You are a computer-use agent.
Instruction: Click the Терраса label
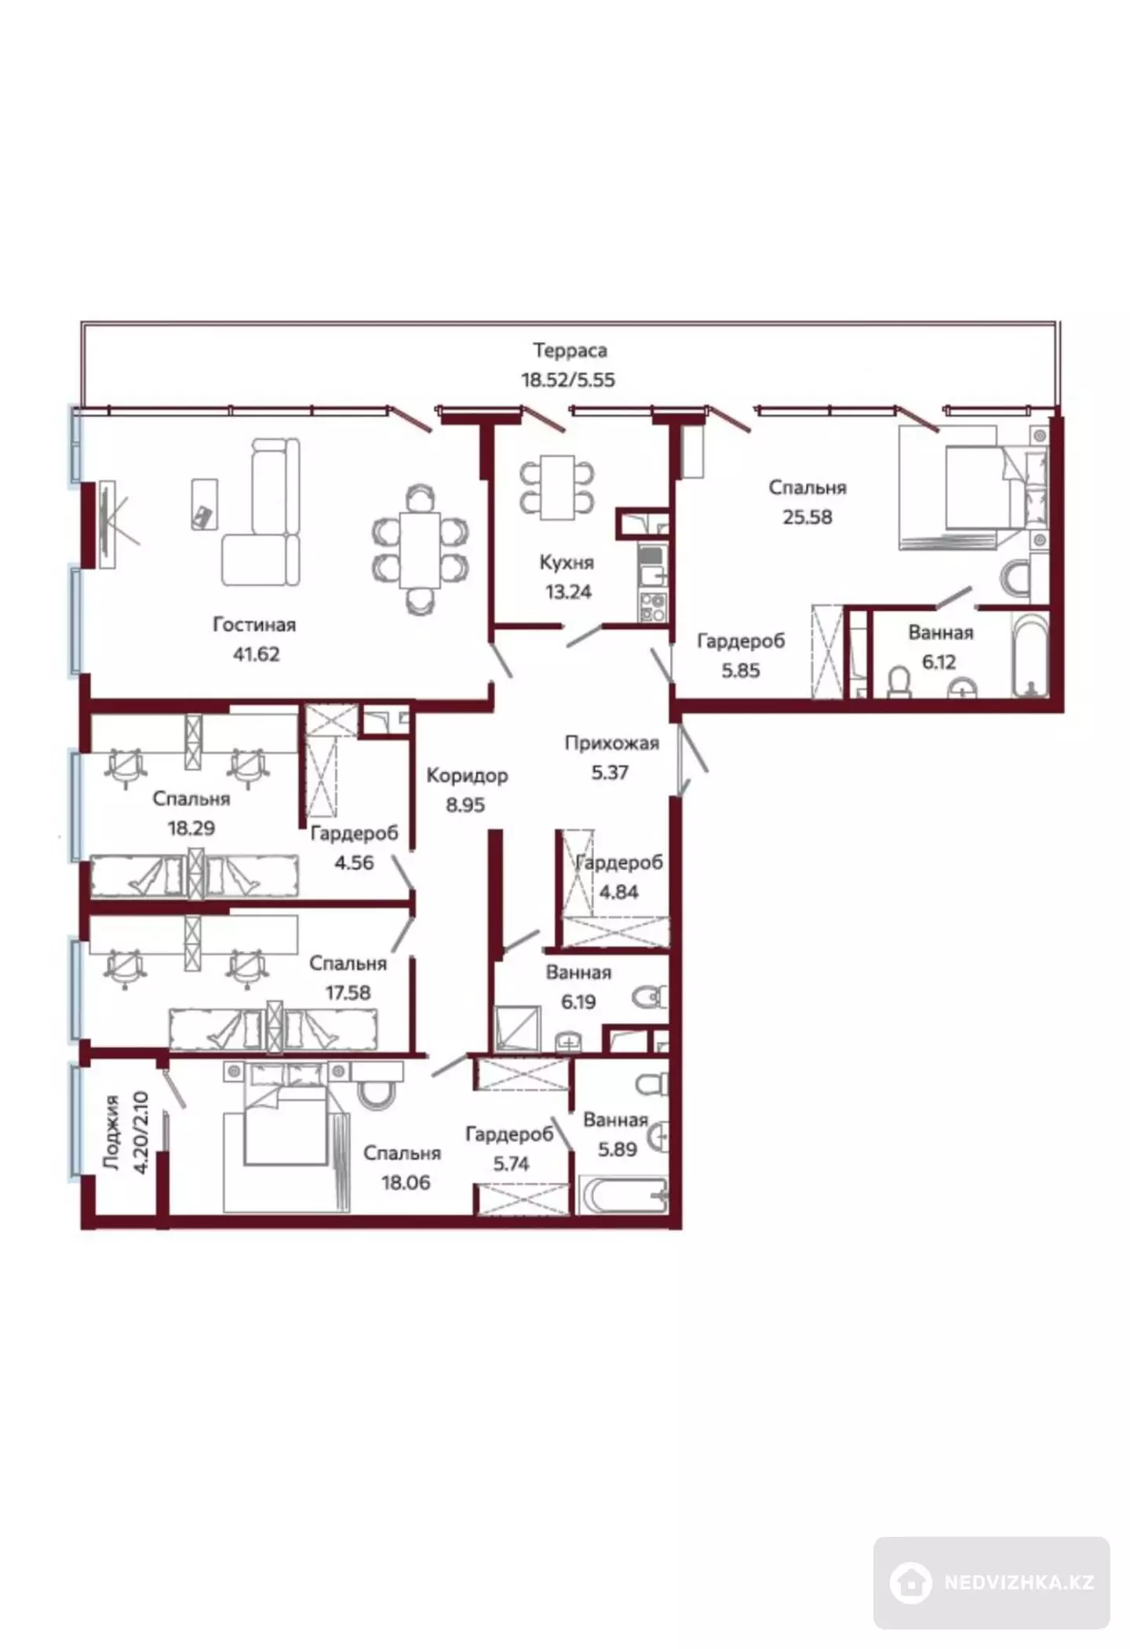[570, 350]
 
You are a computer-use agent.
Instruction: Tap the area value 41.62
[256, 653]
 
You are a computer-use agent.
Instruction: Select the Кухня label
[567, 562]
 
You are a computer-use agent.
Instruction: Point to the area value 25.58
[807, 517]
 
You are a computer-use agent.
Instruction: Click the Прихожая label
[612, 743]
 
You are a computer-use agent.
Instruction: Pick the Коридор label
[467, 776]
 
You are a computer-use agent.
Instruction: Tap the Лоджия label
[111, 1133]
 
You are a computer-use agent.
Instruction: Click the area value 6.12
[939, 661]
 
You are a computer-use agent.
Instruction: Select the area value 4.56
[354, 862]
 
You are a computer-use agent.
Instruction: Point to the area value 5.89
[618, 1149]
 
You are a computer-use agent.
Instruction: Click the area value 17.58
[348, 992]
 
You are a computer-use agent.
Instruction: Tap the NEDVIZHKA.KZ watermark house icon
[911, 1582]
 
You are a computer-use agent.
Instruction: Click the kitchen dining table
[557, 486]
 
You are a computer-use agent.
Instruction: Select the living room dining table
[420, 549]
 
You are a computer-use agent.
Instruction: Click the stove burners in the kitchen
[653, 607]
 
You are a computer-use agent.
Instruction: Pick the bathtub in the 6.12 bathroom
[1030, 655]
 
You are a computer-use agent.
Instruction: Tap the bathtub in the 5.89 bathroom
[623, 1194]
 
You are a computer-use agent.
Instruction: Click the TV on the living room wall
[106, 524]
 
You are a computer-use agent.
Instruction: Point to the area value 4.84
[618, 892]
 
